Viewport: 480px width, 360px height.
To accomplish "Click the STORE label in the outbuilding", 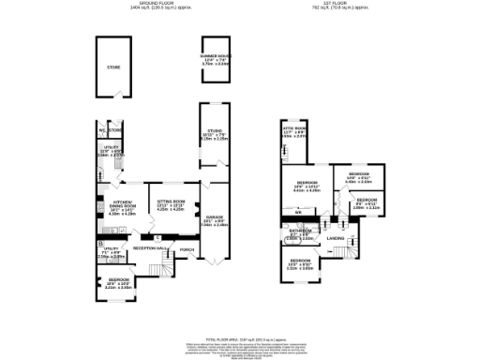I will coord(112,67).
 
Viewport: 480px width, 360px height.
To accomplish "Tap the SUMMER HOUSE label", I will coord(215,55).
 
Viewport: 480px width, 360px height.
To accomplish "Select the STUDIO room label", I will coord(214,133).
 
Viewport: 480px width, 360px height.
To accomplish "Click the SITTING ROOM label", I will coord(171,202).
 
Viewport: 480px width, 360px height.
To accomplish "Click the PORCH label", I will coord(187,249).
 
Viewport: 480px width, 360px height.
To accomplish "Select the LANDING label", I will coord(336,239).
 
